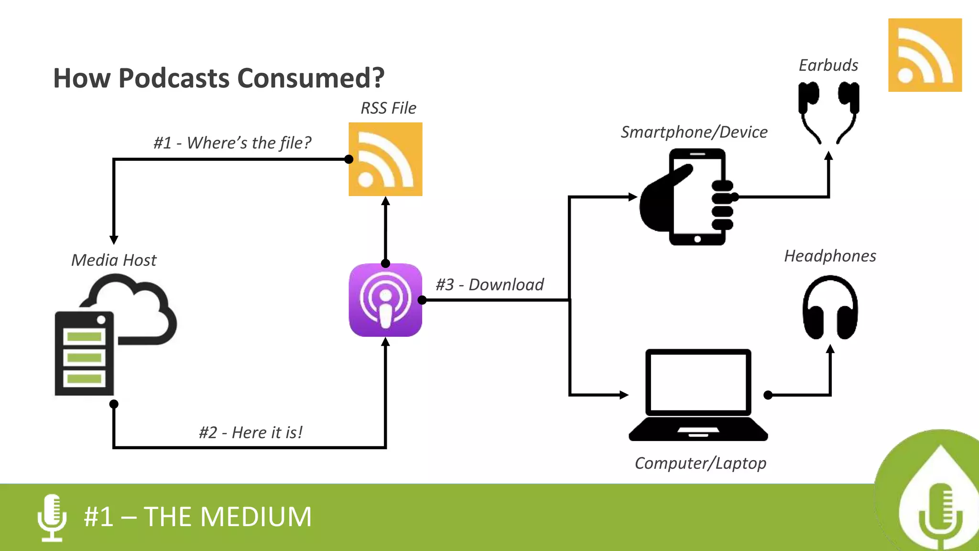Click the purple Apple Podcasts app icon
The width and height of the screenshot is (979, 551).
(385, 300)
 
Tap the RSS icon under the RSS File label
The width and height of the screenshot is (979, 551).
(385, 159)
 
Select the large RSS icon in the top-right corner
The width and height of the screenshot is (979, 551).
(925, 55)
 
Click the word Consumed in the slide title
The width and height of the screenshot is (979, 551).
(311, 78)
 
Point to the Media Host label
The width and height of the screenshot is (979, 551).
(114, 260)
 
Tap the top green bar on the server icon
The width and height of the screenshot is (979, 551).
(84, 336)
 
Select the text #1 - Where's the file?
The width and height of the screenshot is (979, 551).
(232, 143)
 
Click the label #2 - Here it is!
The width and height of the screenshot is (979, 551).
(250, 432)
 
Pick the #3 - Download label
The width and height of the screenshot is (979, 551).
(489, 285)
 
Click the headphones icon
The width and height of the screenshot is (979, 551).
(830, 308)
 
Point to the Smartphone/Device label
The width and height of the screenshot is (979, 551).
(694, 132)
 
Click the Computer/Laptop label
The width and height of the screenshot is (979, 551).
(700, 463)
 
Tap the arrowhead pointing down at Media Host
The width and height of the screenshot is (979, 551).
(114, 239)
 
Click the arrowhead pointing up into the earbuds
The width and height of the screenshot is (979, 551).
(829, 155)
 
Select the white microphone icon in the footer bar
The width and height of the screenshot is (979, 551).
(52, 518)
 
